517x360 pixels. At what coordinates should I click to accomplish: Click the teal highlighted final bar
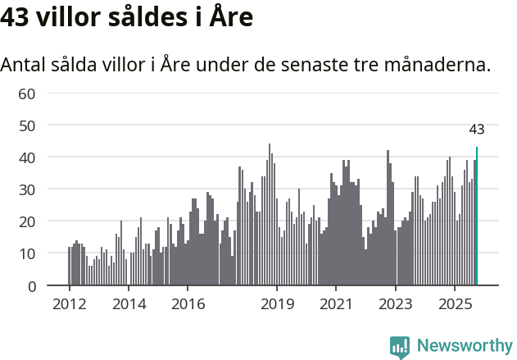click(x=477, y=216)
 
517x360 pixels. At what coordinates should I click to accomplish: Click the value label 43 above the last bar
click(x=477, y=130)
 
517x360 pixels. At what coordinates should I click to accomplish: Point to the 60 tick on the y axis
click(x=27, y=93)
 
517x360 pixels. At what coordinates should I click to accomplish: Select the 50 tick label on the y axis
click(x=27, y=125)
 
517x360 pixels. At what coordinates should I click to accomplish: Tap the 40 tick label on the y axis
click(x=27, y=157)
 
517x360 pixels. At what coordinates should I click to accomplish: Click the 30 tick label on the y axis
click(x=27, y=189)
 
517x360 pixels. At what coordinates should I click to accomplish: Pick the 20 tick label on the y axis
click(x=27, y=221)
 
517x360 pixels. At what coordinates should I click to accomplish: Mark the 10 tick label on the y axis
click(x=27, y=253)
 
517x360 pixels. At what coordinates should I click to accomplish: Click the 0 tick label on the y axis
click(x=31, y=286)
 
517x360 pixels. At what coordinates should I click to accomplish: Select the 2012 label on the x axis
click(x=69, y=303)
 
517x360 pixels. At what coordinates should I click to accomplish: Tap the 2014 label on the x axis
click(x=128, y=303)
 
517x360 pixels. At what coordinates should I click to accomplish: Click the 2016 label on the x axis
click(x=188, y=303)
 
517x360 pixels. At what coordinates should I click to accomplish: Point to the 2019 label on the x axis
click(x=277, y=303)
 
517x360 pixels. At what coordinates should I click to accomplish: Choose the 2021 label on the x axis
click(x=336, y=303)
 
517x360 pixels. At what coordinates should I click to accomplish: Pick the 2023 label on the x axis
click(x=396, y=303)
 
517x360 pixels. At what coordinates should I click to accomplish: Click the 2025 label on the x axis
click(x=455, y=303)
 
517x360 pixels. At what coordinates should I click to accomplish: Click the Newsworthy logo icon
click(x=400, y=346)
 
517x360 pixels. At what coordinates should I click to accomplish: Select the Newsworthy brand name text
click(x=464, y=346)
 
